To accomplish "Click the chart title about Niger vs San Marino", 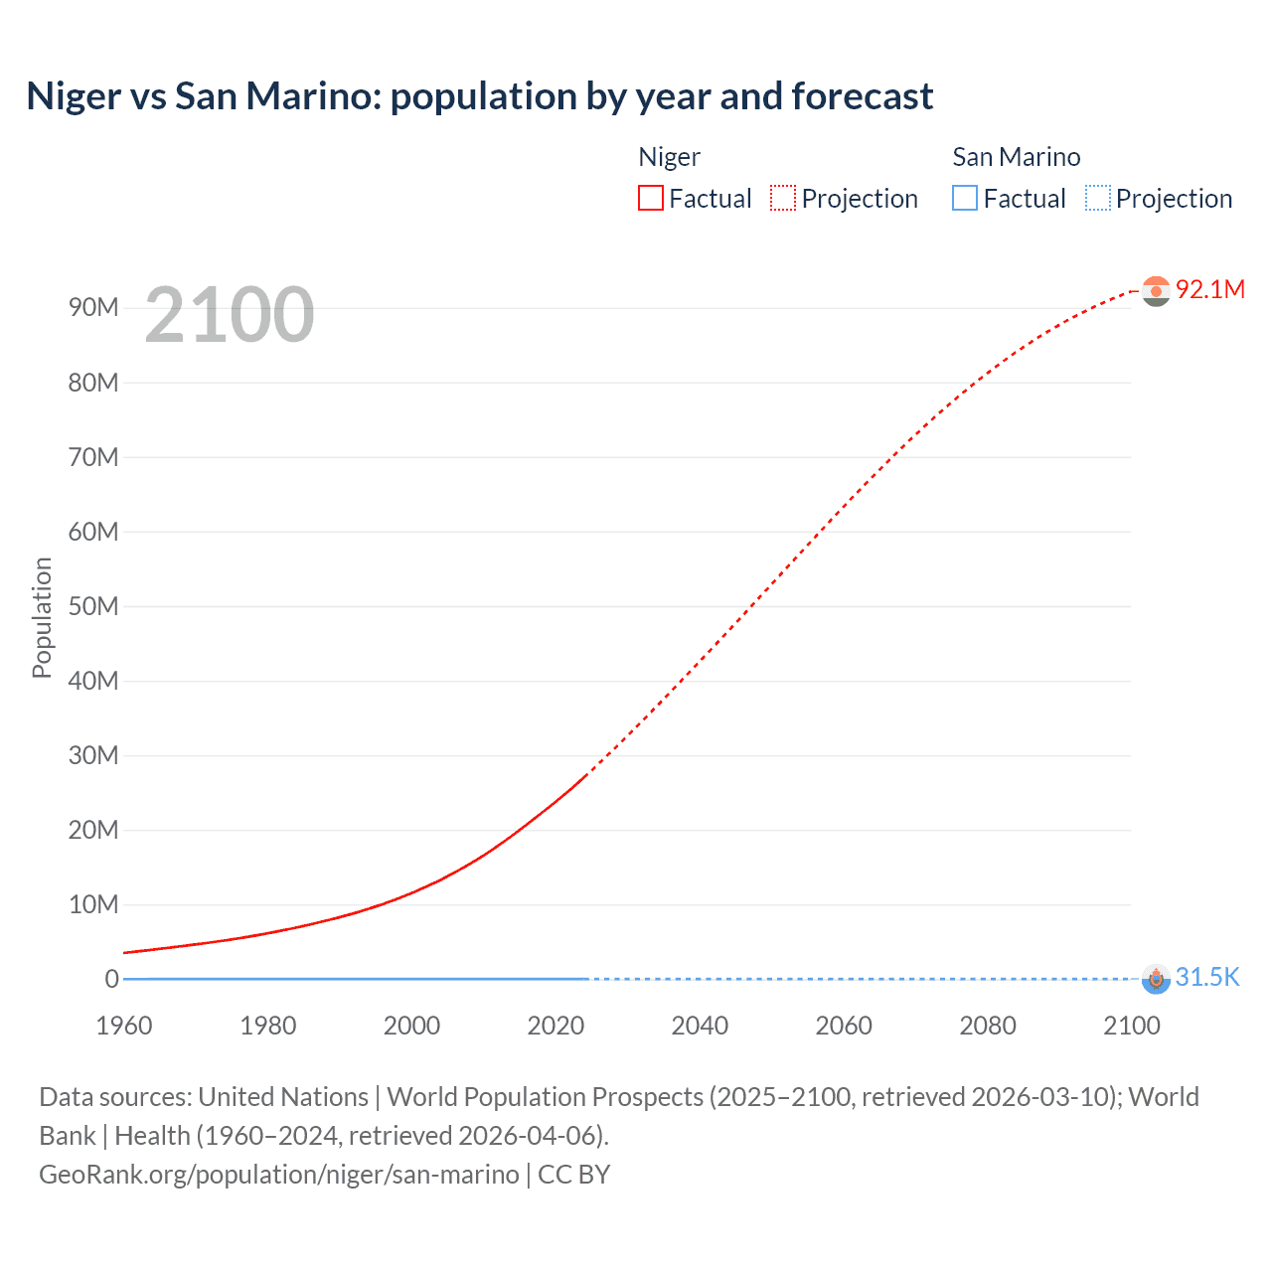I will (x=479, y=96).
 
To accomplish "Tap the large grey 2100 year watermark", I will (x=230, y=315).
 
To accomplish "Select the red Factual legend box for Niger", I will (x=651, y=198).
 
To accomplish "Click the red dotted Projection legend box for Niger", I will (x=783, y=198).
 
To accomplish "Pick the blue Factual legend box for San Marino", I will (x=965, y=198).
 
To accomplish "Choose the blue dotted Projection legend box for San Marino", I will (x=1097, y=198).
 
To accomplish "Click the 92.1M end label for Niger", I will (x=1209, y=289).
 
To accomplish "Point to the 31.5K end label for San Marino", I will (x=1207, y=977).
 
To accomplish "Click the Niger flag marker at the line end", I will (x=1156, y=290).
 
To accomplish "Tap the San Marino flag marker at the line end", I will (x=1156, y=979).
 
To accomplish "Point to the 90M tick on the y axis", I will (x=93, y=307).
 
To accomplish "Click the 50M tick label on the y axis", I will (x=93, y=606).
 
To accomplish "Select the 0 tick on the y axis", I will (x=111, y=979).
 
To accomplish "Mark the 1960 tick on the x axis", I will (x=124, y=1026).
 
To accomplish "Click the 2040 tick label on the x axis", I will (x=700, y=1026).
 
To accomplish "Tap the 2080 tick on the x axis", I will (x=988, y=1026).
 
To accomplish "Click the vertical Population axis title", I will (x=42, y=617).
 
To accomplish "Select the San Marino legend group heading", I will (x=1016, y=157).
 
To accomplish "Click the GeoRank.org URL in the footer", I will (x=278, y=1175).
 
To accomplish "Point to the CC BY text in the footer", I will (x=574, y=1175).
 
